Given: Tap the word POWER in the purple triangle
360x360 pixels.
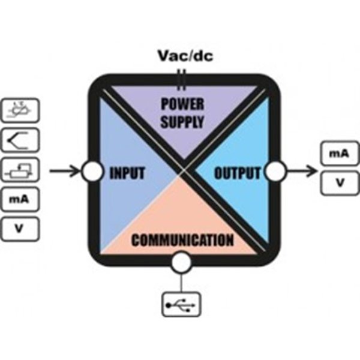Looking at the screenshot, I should tap(182, 103).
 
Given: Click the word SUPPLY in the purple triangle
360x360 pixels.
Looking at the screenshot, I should tap(182, 121).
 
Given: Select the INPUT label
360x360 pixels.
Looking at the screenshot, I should tap(127, 173).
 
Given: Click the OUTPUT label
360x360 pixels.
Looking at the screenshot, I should tap(238, 173).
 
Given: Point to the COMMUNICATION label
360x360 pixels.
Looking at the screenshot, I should tap(182, 241).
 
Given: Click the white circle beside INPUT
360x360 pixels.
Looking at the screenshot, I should tap(92, 172).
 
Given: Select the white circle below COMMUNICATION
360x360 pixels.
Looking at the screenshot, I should tap(181, 262).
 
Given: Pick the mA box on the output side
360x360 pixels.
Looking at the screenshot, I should tap(339, 154).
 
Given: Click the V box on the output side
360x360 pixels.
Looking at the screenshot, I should tap(339, 182).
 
